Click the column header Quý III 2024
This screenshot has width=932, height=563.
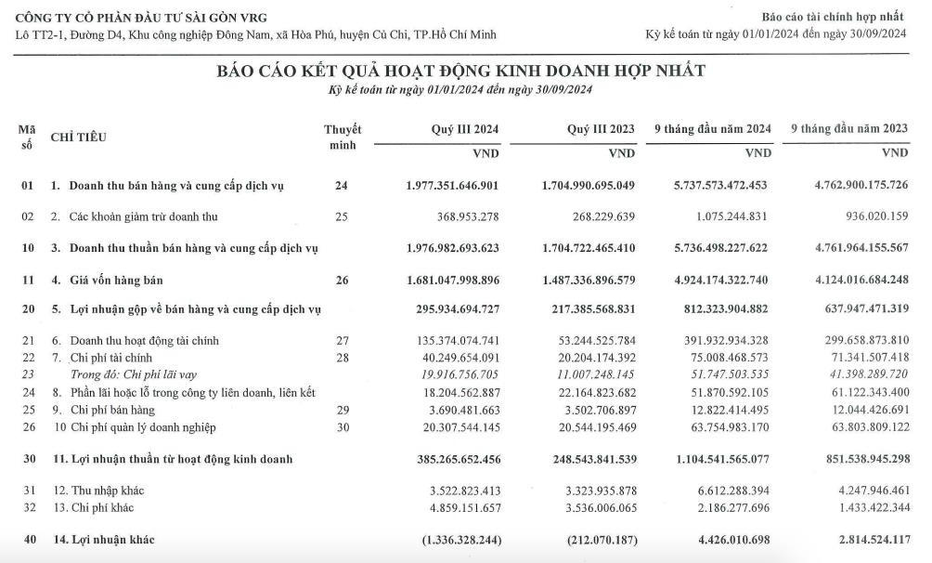click(465, 129)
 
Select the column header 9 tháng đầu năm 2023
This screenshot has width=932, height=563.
click(849, 129)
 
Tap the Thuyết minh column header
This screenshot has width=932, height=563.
click(343, 137)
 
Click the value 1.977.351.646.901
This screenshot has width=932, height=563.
click(453, 186)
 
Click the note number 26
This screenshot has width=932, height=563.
click(342, 280)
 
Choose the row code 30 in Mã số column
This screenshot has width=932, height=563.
click(28, 459)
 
